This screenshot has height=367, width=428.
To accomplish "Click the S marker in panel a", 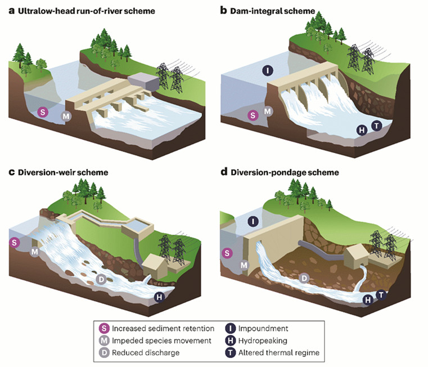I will [x=41, y=112].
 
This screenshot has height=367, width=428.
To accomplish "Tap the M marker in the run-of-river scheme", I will [x=66, y=116].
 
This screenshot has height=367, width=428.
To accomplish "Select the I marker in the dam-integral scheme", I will [x=268, y=70].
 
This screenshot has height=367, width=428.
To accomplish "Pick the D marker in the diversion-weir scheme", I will [x=101, y=279].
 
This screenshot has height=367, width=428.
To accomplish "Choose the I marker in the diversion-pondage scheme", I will [x=253, y=221].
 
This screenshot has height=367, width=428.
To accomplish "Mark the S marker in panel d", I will [x=228, y=253].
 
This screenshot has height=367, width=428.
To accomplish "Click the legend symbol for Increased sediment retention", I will [x=103, y=328].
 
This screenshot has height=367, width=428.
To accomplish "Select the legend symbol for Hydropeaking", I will [x=231, y=341].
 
